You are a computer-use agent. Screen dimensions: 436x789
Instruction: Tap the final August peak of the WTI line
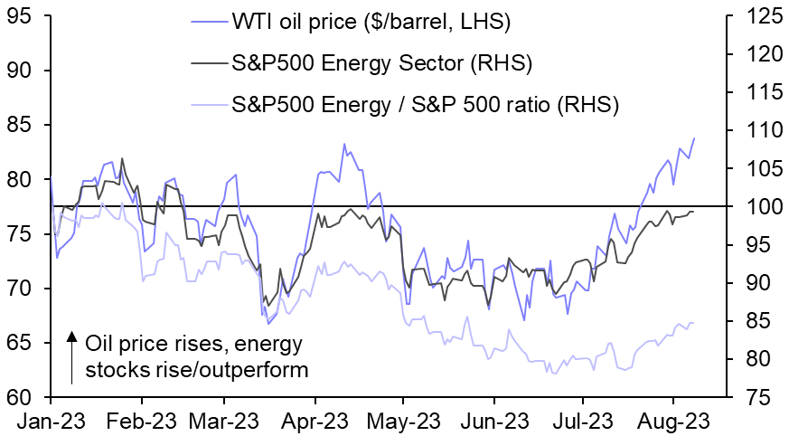click(694, 138)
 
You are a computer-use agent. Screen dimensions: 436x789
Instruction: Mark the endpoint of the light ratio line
click(693, 323)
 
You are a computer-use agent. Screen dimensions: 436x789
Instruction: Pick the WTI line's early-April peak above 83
click(343, 144)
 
